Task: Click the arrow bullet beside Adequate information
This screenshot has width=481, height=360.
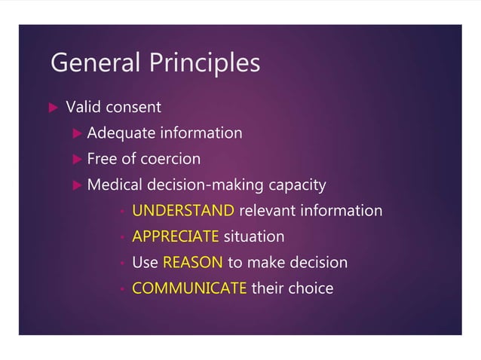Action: (76, 134)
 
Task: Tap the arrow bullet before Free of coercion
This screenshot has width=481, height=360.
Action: (76, 160)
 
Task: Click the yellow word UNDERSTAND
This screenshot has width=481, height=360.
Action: (183, 211)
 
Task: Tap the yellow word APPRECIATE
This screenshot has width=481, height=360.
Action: (176, 236)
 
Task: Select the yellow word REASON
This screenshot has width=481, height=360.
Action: (192, 263)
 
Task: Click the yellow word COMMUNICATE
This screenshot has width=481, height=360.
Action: (189, 288)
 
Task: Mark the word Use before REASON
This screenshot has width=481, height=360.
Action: (146, 263)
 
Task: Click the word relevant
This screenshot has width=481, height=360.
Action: (267, 211)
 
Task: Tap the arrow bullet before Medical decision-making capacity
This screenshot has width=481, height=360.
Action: (76, 185)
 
